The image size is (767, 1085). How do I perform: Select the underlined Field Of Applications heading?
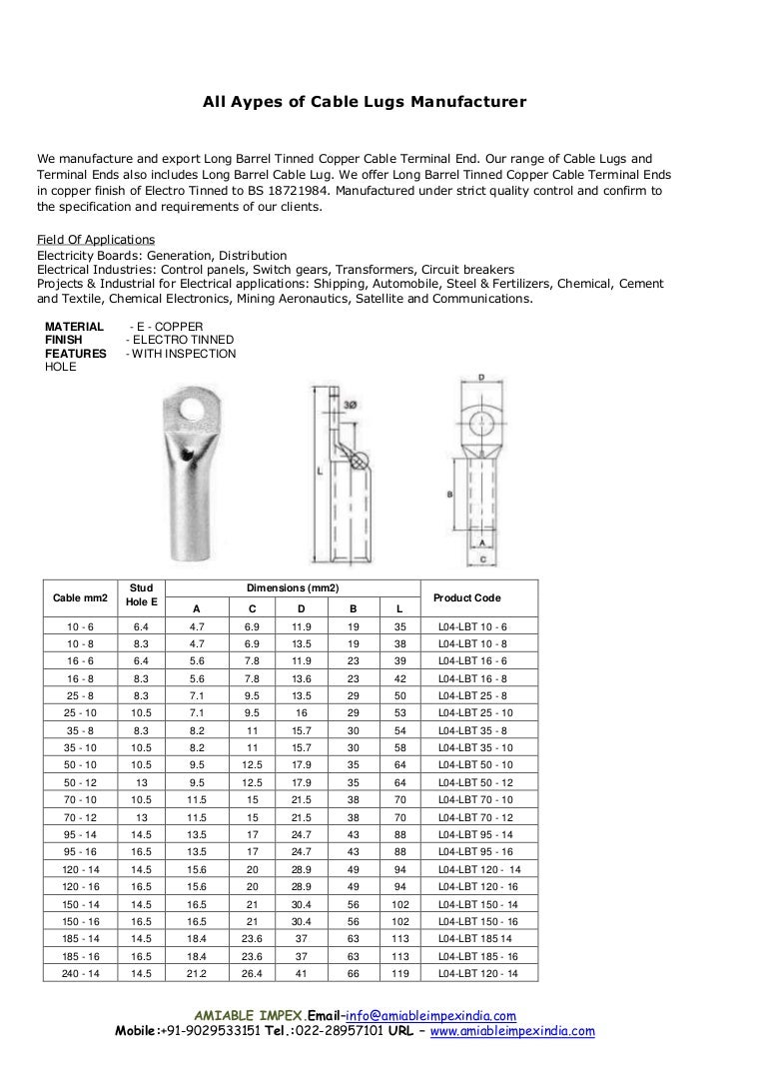pos(95,240)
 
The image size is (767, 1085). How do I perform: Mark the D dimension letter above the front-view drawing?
pos(481,378)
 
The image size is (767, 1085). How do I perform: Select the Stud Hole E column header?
pos(142,595)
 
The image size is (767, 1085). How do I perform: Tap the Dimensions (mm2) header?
pos(293,588)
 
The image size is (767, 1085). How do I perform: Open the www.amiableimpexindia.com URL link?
pos(512,1031)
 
